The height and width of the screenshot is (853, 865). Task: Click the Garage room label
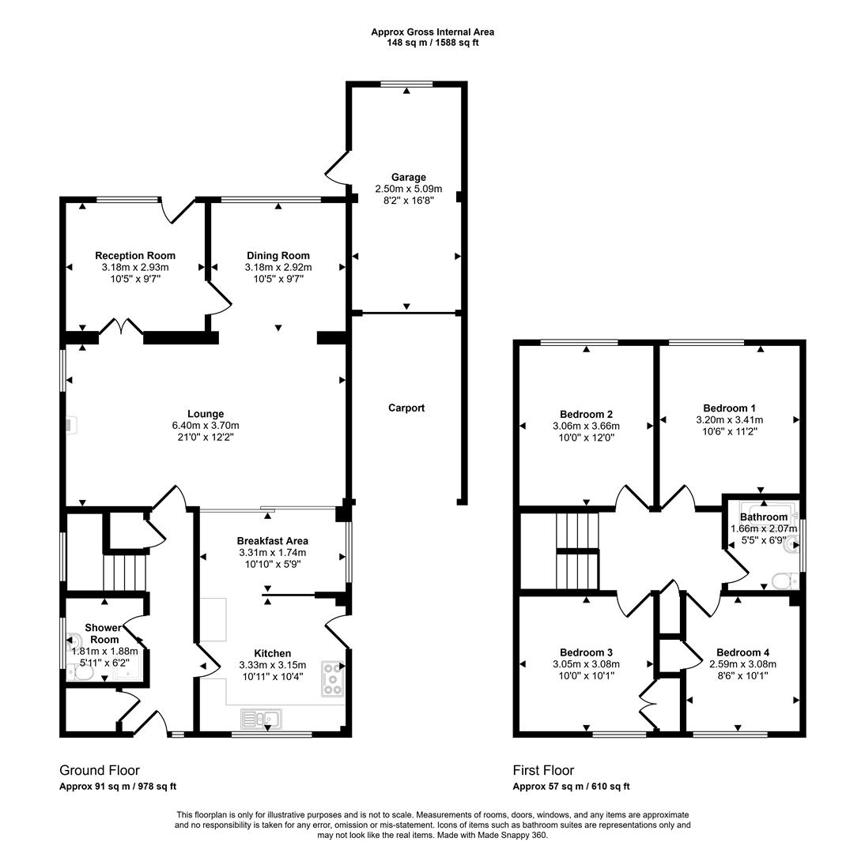408,177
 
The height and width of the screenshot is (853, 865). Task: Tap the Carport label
406,408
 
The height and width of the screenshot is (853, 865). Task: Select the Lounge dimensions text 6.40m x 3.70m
206,425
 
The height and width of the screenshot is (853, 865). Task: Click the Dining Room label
278,256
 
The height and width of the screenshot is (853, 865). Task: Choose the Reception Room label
135,256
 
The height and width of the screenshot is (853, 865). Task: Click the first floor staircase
577,551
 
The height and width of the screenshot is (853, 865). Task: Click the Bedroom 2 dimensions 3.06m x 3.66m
586,426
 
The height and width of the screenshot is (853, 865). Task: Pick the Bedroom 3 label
586,652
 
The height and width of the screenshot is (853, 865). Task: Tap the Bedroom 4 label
742,652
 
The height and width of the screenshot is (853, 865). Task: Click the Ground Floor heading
100,770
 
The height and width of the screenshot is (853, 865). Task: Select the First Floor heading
543,770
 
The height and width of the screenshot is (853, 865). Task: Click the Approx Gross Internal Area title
432,32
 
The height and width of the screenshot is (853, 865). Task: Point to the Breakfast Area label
273,541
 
